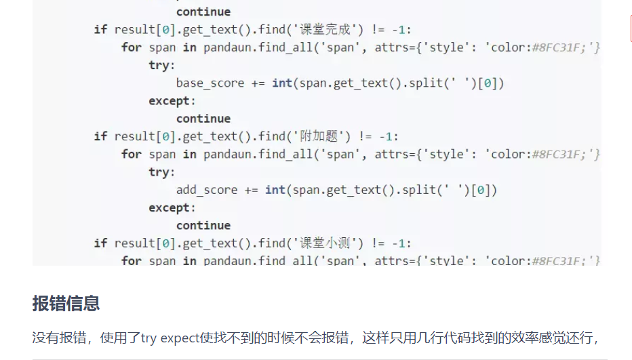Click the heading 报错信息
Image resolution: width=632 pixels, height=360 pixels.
tap(66, 303)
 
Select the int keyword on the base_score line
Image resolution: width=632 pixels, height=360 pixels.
tap(281, 83)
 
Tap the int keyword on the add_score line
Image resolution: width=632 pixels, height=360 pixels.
tap(275, 190)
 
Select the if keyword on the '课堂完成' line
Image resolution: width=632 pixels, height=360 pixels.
tap(100, 30)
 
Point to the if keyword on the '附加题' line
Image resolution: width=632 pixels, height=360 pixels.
tap(100, 136)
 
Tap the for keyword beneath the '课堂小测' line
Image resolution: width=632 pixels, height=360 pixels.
tap(132, 261)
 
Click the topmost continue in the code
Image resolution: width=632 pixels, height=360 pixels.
tap(203, 12)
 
